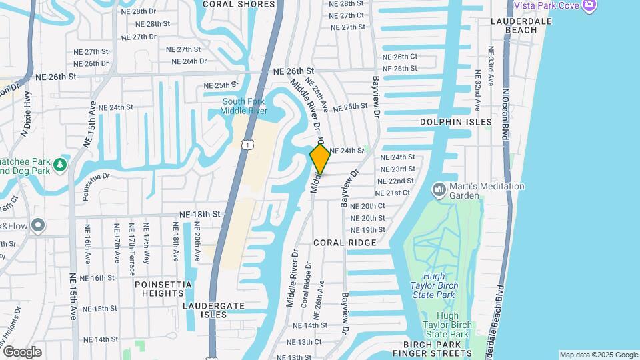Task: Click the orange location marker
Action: click(x=320, y=159)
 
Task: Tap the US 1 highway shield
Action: click(x=248, y=144)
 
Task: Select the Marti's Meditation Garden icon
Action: click(x=439, y=191)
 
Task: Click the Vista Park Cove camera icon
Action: click(x=588, y=5)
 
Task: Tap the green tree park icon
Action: click(x=61, y=164)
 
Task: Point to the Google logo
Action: click(x=22, y=351)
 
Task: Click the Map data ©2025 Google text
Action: click(x=598, y=355)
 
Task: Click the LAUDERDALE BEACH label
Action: click(x=541, y=25)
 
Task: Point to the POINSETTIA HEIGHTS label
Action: click(x=163, y=289)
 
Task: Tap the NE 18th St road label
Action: click(x=199, y=214)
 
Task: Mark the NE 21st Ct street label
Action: click(x=393, y=193)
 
